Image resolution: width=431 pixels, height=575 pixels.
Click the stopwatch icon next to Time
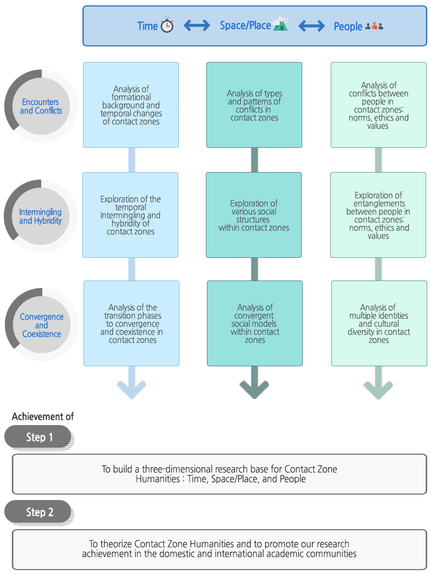[167, 25]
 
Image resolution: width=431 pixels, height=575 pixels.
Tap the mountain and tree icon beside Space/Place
[281, 24]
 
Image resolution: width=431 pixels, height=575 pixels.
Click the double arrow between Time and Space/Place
[197, 25]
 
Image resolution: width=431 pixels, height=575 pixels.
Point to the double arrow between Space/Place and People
[311, 26]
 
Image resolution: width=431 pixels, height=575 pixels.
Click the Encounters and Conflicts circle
[41, 106]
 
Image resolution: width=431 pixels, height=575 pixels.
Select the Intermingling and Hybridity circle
[40, 216]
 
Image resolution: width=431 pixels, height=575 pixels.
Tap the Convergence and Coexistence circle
[41, 325]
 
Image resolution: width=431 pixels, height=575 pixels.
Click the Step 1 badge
[38, 437]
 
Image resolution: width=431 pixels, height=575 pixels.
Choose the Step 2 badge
[38, 512]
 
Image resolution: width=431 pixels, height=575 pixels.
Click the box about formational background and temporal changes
[131, 105]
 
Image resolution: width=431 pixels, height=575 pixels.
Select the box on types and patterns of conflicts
[254, 105]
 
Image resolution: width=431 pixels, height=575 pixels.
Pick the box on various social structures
[254, 215]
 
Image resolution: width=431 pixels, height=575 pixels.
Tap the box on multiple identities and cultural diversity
[379, 323]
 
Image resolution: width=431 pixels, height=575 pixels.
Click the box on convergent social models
[255, 323]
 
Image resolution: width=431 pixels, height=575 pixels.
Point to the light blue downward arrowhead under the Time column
[131, 388]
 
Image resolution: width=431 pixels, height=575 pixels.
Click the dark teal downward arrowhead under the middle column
[254, 388]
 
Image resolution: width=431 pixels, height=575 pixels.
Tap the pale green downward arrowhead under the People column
[378, 388]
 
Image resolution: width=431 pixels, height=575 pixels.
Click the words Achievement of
[43, 416]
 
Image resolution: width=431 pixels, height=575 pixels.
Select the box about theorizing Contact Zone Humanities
[219, 549]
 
